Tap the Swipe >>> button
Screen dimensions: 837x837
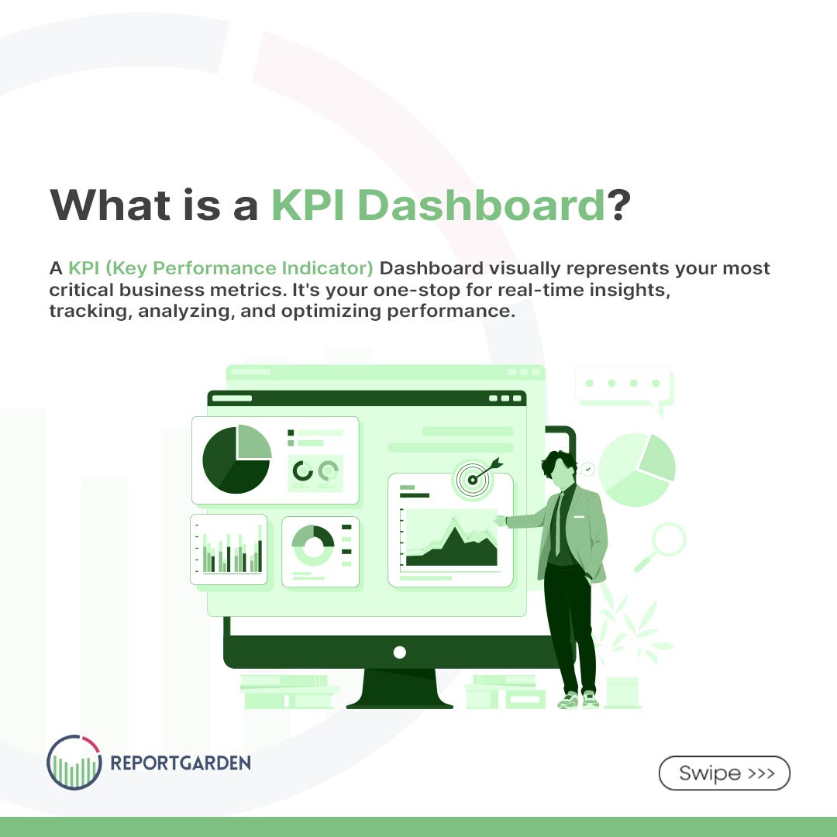coord(724,773)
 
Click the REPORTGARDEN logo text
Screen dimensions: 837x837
coord(180,763)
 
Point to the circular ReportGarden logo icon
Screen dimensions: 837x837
coord(74,762)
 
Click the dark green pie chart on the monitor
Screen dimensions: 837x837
coord(236,459)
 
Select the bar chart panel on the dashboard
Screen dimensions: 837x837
coord(229,549)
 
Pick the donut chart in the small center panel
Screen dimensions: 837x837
coord(312,545)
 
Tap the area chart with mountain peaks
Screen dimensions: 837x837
coord(452,542)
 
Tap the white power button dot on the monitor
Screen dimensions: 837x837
coord(399,652)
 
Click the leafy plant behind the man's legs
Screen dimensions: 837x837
coord(632,628)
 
